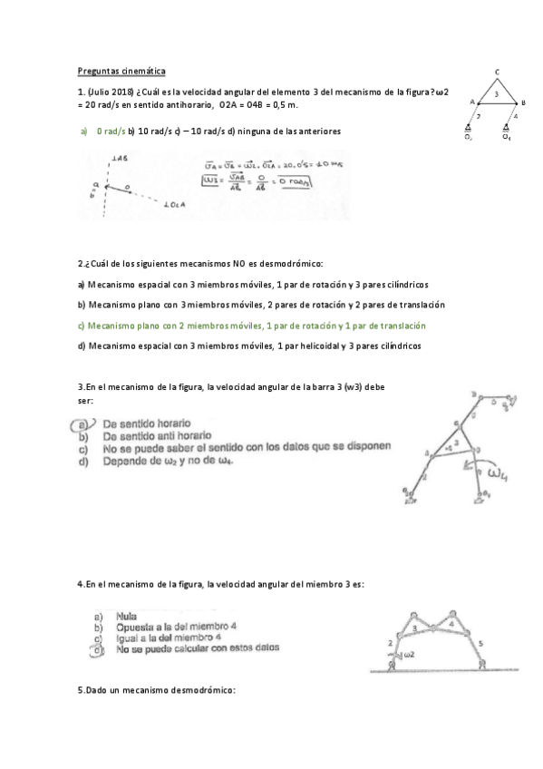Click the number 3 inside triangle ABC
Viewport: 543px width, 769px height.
[x=496, y=93]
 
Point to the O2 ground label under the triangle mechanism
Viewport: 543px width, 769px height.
[x=469, y=137]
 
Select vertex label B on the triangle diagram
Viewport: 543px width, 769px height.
[x=524, y=103]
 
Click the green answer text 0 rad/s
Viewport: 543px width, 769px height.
[x=110, y=131]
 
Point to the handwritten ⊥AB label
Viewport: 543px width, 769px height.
[x=117, y=159]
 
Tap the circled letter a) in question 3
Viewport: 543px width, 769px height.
[x=83, y=423]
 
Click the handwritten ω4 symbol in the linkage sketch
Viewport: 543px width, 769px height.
[x=498, y=473]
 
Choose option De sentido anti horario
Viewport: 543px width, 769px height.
[x=158, y=435]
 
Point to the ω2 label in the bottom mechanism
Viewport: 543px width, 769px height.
[x=408, y=654]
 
